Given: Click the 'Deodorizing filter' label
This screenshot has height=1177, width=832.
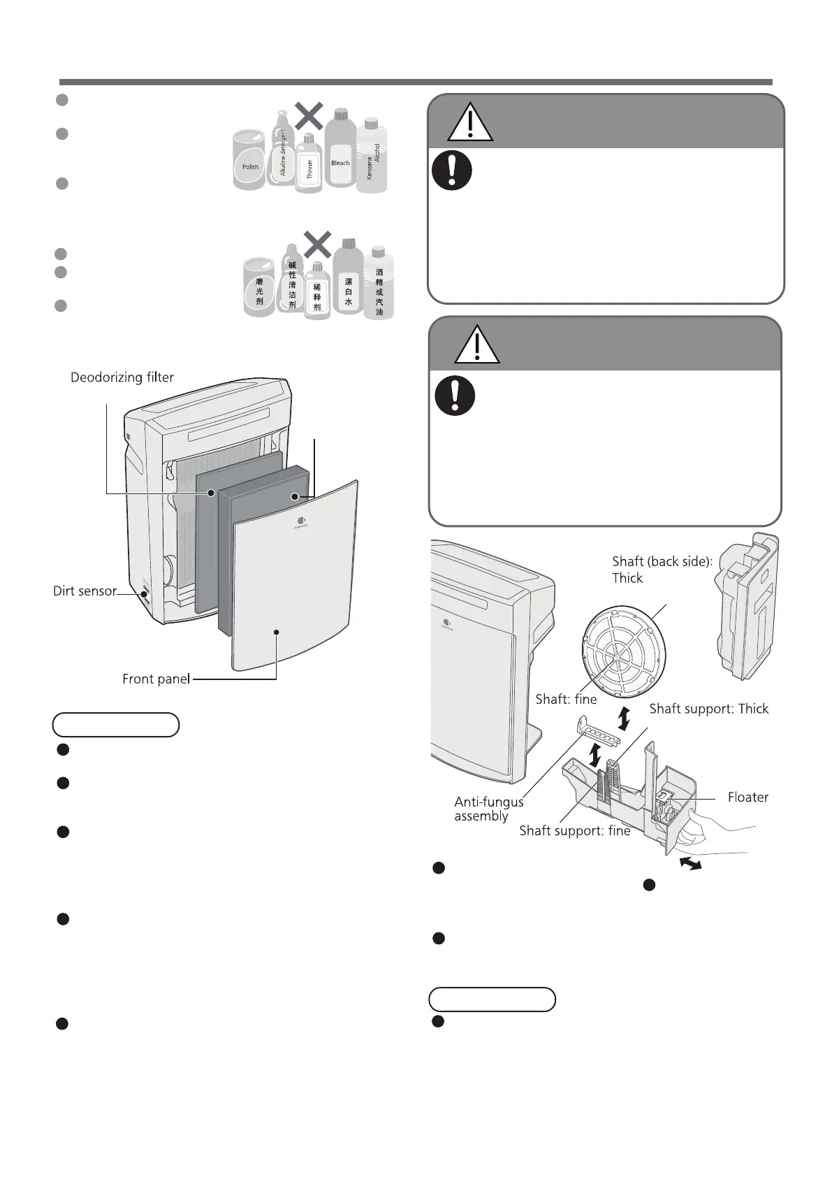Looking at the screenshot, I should pos(122,377).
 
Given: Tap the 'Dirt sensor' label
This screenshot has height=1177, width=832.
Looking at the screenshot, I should pos(85,591).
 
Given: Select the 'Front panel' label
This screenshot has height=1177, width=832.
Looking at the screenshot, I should pos(156,679).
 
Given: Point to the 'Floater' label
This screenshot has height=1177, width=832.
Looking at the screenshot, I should pos(747,797).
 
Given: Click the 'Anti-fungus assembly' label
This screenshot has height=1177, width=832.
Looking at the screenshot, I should pos(488,809).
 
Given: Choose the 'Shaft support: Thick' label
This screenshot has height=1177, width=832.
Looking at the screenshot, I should pos(708,709).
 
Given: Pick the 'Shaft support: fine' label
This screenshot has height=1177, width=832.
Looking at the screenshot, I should pos(574,830).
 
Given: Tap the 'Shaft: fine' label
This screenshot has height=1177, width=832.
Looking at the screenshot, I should pos(566,699).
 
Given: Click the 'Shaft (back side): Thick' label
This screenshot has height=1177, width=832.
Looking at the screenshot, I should pos(662,570).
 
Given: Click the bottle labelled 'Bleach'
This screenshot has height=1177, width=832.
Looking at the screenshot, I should pos(340,150).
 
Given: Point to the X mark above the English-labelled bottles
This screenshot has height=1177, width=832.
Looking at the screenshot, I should pos(308,115).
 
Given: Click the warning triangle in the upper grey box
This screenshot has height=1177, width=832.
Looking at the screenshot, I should pos(471,123).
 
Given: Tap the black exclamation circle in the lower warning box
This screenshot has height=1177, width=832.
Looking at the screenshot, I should pos(455,396).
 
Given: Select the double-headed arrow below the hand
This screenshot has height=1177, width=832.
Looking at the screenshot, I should pos(691,865).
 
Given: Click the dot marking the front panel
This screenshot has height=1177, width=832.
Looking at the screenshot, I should pos(277,632).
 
